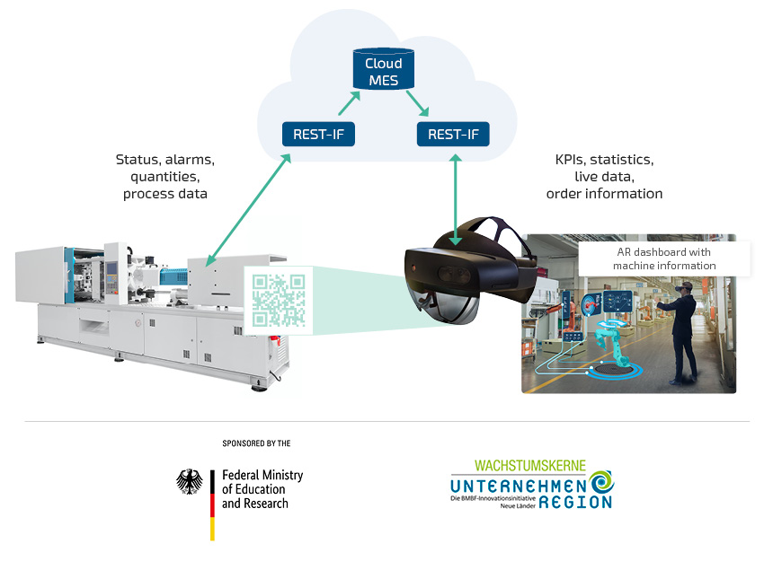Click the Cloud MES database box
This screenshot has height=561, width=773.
point(384,69)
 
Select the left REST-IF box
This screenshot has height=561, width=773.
point(318,135)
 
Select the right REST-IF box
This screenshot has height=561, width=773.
point(453,135)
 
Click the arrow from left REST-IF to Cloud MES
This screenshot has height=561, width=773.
point(349,103)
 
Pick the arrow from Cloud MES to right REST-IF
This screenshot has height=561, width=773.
point(418,103)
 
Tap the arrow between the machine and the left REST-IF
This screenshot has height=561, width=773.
point(248,210)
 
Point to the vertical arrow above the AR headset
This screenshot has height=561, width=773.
point(456,200)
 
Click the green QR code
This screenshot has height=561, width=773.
point(279,301)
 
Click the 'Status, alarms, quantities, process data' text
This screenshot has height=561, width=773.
point(165,177)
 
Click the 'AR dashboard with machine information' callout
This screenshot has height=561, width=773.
point(664,259)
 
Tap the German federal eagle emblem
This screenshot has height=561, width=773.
point(190,481)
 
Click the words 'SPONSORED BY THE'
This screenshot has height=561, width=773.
point(256,443)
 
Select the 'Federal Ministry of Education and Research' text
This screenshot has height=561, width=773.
point(262,489)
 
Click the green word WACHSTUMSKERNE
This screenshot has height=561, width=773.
point(530,466)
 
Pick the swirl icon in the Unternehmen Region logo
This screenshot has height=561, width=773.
point(601,482)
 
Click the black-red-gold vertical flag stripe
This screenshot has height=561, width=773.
point(212,505)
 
